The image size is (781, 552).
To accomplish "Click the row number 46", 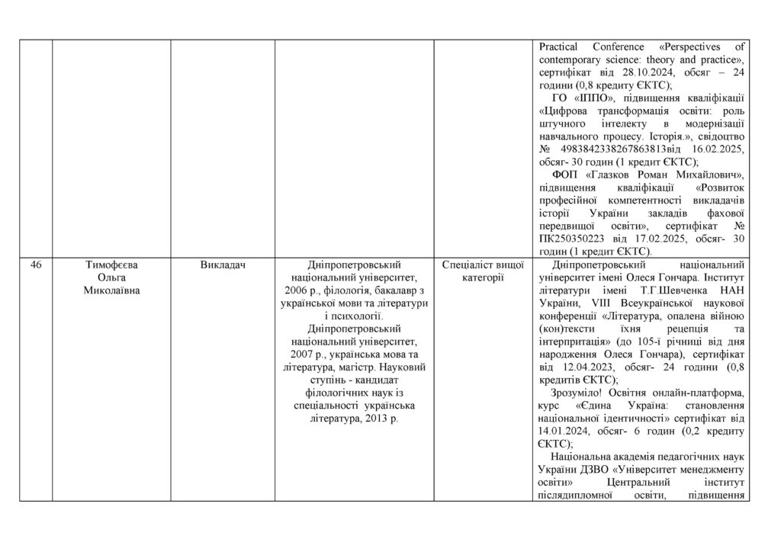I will (36, 265).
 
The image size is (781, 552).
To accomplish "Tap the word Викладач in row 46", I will (222, 265).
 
